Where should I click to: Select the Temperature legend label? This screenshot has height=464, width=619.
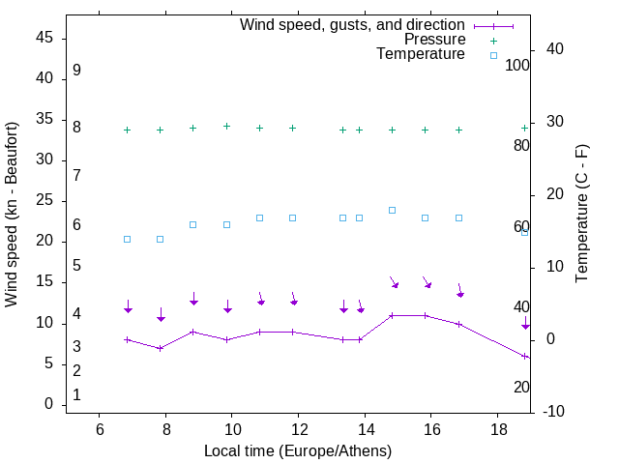pyautogui.click(x=421, y=54)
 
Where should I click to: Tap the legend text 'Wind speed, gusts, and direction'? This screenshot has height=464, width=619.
pyautogui.click(x=352, y=25)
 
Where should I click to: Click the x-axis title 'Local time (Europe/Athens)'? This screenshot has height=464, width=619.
pyautogui.click(x=298, y=450)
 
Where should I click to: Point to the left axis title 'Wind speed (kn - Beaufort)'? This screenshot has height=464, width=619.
pyautogui.click(x=12, y=215)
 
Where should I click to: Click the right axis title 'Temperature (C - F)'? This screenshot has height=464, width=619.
pyautogui.click(x=581, y=215)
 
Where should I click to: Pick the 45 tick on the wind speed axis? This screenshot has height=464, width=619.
pyautogui.click(x=44, y=38)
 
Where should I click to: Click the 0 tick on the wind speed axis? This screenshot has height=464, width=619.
pyautogui.click(x=49, y=404)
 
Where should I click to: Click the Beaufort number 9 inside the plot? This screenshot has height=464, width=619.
pyautogui.click(x=76, y=71)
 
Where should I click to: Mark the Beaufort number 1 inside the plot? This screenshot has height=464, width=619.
pyautogui.click(x=76, y=395)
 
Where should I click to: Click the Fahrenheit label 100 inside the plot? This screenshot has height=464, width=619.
pyautogui.click(x=518, y=66)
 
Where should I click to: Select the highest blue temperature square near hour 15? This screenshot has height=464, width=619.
pyautogui.click(x=392, y=210)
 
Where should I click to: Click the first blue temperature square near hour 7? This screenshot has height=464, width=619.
pyautogui.click(x=127, y=239)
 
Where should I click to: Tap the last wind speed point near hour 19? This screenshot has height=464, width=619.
pyautogui.click(x=525, y=357)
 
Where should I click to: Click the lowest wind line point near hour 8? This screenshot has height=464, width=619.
pyautogui.click(x=161, y=348)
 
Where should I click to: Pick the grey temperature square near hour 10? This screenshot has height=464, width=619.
pyautogui.click(x=227, y=224)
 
